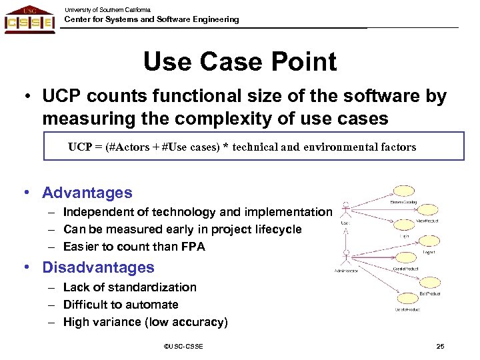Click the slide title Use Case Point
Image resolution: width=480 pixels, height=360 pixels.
click(240, 62)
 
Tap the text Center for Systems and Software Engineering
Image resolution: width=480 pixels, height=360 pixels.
click(151, 19)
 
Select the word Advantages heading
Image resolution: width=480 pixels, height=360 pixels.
click(87, 193)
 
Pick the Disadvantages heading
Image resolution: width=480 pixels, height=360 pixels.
click(98, 268)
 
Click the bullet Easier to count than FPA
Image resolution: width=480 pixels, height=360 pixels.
click(134, 247)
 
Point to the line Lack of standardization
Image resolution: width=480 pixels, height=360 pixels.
click(130, 287)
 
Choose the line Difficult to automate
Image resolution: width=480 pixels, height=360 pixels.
click(121, 305)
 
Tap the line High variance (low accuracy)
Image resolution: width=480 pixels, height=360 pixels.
click(145, 322)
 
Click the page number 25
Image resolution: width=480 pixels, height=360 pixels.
click(440, 347)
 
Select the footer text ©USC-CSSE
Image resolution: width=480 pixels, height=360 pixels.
click(183, 347)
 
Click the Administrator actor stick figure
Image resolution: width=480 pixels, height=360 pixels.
click(346, 257)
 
